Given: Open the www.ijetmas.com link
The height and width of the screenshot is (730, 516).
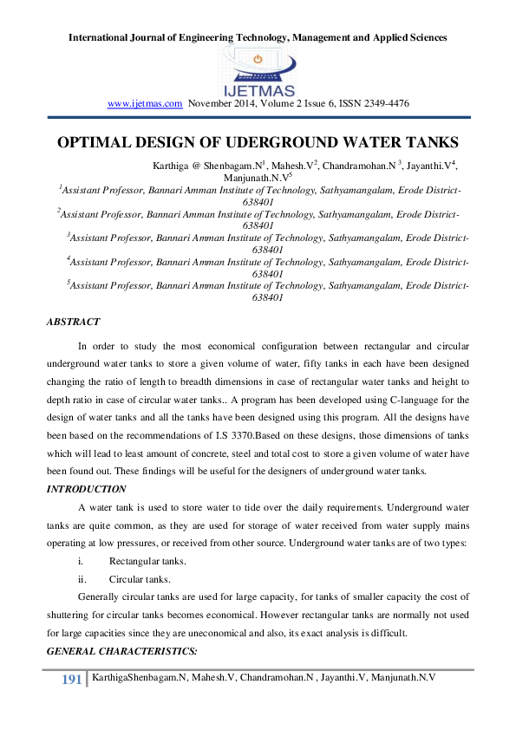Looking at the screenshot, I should (x=144, y=103).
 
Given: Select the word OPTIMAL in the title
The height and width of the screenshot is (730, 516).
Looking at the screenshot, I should (x=93, y=142).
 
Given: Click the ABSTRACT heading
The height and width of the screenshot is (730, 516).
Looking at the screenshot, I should (x=73, y=322).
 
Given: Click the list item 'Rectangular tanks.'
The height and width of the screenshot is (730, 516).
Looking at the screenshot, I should (x=147, y=561).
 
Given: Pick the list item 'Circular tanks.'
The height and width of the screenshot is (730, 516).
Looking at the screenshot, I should (x=140, y=579).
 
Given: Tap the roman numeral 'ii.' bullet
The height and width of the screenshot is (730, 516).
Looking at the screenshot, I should (x=82, y=579).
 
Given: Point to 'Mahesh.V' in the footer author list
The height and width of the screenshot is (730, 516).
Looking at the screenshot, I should (x=212, y=675).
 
